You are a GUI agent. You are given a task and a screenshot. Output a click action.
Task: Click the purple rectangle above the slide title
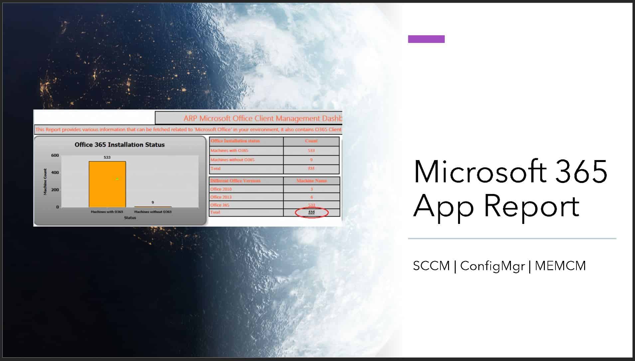click(426, 39)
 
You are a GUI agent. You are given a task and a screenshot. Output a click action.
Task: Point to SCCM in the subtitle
click(431, 266)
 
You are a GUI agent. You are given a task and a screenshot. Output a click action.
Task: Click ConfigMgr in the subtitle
click(492, 266)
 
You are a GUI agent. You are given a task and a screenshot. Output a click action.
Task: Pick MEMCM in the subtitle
click(560, 266)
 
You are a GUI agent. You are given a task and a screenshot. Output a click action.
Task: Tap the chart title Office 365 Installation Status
click(119, 145)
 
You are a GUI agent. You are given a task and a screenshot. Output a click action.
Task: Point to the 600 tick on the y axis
click(55, 155)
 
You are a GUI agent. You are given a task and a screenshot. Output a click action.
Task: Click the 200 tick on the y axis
click(55, 190)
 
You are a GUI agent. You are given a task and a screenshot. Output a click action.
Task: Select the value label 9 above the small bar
click(153, 202)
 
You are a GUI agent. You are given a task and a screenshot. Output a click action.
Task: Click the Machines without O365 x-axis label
click(153, 212)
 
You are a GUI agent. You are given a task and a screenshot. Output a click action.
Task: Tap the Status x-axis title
click(130, 218)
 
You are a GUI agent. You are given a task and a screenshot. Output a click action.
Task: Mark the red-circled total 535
click(311, 212)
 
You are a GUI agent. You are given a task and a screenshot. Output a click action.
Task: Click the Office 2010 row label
click(221, 189)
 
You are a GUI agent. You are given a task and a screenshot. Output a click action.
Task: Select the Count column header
click(311, 141)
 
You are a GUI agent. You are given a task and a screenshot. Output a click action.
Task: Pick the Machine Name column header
click(311, 181)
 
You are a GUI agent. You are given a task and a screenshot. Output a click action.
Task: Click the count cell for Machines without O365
click(311, 160)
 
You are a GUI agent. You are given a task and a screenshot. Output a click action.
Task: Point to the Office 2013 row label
click(221, 197)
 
